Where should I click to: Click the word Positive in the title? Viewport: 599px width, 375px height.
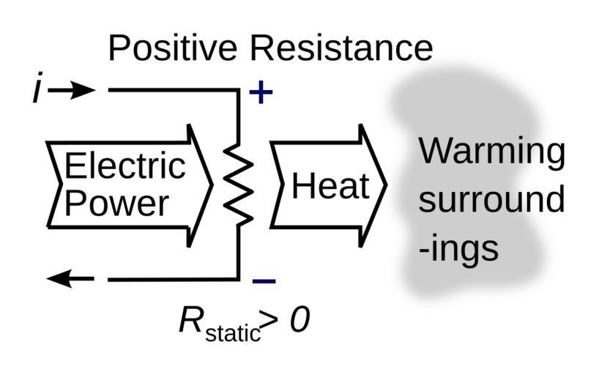[172, 48]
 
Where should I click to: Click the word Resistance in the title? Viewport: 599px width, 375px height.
[341, 48]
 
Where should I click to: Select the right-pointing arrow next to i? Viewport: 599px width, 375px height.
[73, 90]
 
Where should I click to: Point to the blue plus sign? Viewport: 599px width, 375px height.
[261, 92]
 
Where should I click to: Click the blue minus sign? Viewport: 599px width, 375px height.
[263, 281]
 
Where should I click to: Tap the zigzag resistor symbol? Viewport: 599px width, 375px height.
[239, 185]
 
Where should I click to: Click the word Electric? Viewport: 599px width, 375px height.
[124, 166]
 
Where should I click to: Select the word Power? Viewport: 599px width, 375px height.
[116, 203]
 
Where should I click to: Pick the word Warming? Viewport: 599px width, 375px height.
[491, 152]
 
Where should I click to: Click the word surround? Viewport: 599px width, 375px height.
[491, 200]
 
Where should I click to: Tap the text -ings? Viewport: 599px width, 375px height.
[458, 248]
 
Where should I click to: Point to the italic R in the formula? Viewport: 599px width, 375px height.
[192, 320]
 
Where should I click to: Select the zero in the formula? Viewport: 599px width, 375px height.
[299, 320]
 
